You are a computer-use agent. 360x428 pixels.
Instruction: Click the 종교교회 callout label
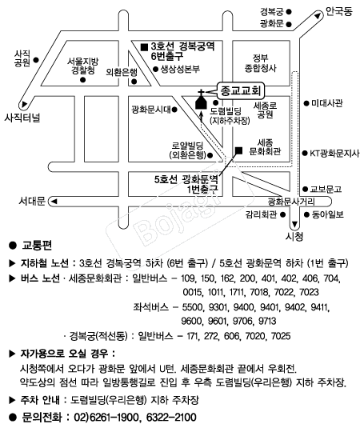pos(240,90)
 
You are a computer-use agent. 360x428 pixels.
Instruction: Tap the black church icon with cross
pos(201,100)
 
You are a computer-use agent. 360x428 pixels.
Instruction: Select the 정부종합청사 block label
pos(260,62)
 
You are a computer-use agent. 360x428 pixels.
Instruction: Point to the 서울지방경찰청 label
pos(83,66)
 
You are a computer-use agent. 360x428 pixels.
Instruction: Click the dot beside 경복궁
pos(289,12)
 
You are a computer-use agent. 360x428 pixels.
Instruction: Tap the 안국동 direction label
pos(339,11)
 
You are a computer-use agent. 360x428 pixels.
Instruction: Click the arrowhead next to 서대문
pos(54,202)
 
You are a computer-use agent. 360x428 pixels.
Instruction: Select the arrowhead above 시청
pos(294,224)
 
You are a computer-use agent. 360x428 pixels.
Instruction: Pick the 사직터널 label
pos(22,118)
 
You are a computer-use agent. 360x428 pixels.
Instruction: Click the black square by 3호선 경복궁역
pos(144,47)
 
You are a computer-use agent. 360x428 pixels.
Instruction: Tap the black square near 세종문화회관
pos(238,150)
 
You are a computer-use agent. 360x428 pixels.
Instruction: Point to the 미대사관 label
pos(326,103)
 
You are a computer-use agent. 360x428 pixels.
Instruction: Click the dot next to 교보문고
pos(306,189)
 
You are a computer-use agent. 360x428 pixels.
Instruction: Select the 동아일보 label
pos(328,214)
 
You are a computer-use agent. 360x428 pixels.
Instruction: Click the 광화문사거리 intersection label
pos(291,202)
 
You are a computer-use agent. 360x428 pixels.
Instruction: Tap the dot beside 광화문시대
pos(174,110)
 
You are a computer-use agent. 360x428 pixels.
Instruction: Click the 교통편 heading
pos(37,245)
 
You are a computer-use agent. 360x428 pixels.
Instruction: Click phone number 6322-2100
pos(171,418)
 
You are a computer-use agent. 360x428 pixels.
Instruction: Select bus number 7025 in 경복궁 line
pos(281,336)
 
